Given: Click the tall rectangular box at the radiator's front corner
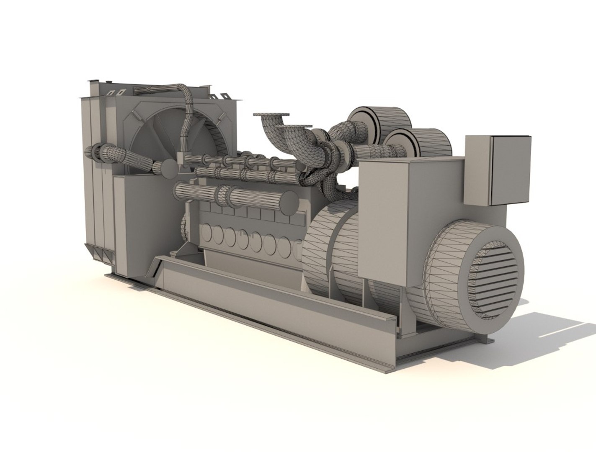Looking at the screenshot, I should (x=128, y=226).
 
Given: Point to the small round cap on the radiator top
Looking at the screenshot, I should (x=109, y=80).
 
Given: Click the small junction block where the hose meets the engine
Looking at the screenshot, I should (x=180, y=158).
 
